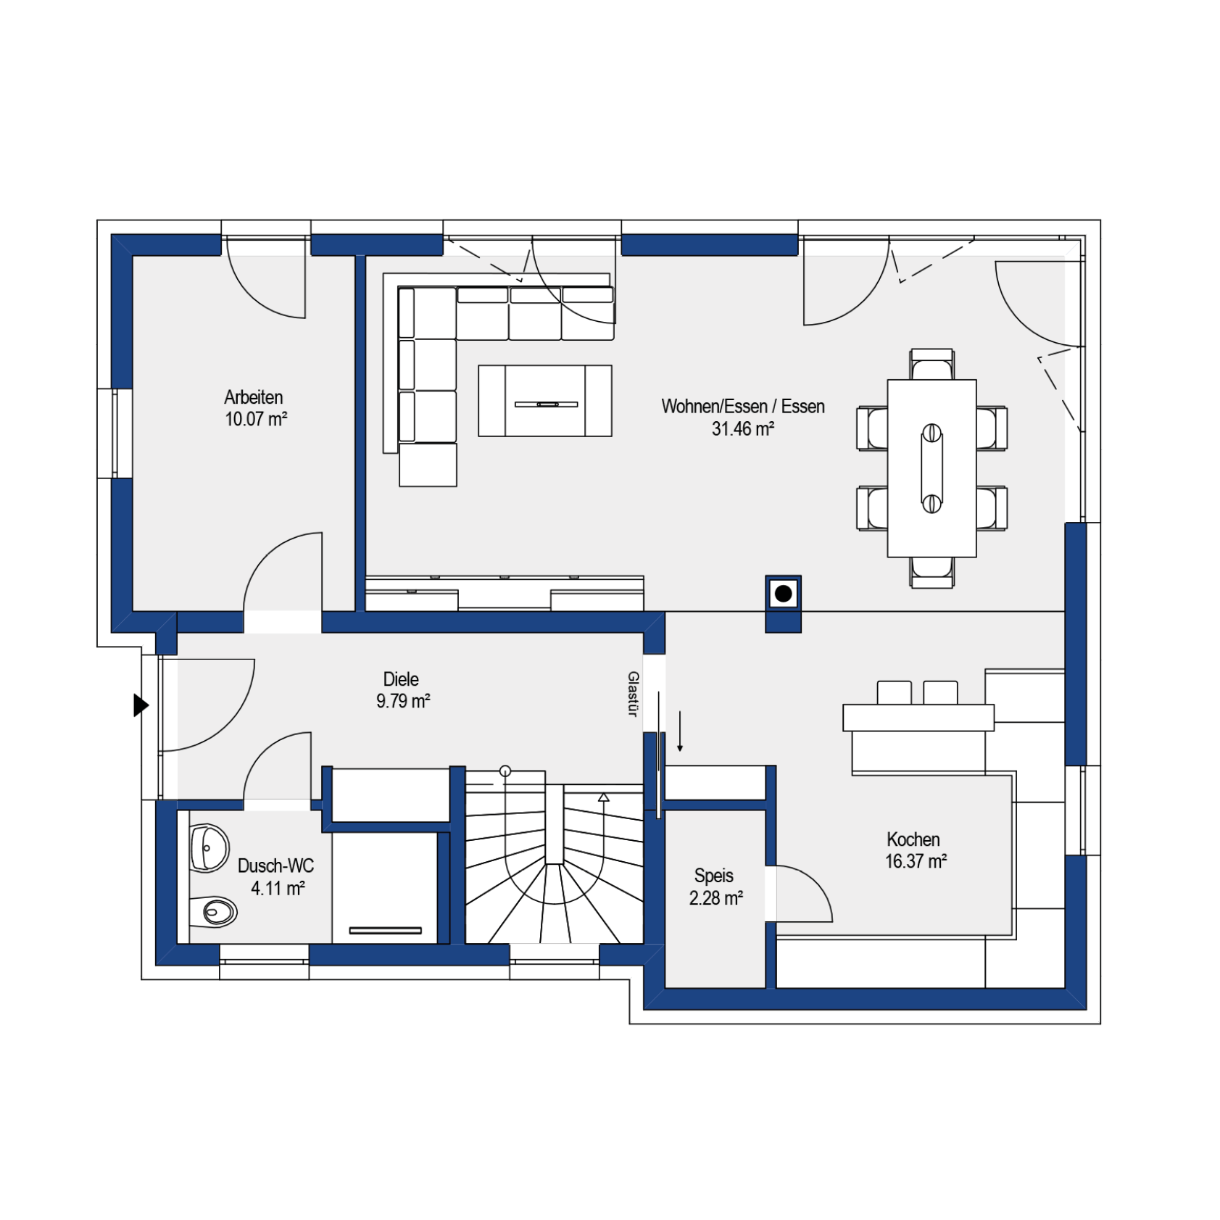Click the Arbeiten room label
pyautogui.click(x=254, y=397)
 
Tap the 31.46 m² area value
pyautogui.click(x=743, y=428)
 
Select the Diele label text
pyautogui.click(x=401, y=679)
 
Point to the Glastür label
pyautogui.click(x=633, y=694)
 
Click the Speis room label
pyautogui.click(x=714, y=876)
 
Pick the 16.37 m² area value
pyautogui.click(x=916, y=861)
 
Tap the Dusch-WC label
pyautogui.click(x=276, y=866)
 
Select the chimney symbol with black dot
pyautogui.click(x=784, y=594)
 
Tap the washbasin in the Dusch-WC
pyautogui.click(x=209, y=847)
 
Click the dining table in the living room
pyautogui.click(x=931, y=468)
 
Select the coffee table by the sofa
pyautogui.click(x=545, y=401)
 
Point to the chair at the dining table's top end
pyautogui.click(x=932, y=365)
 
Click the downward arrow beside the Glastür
pyautogui.click(x=680, y=731)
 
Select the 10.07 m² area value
pyautogui.click(x=256, y=419)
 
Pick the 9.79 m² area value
pyautogui.click(x=403, y=701)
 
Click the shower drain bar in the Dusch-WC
pyautogui.click(x=386, y=930)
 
